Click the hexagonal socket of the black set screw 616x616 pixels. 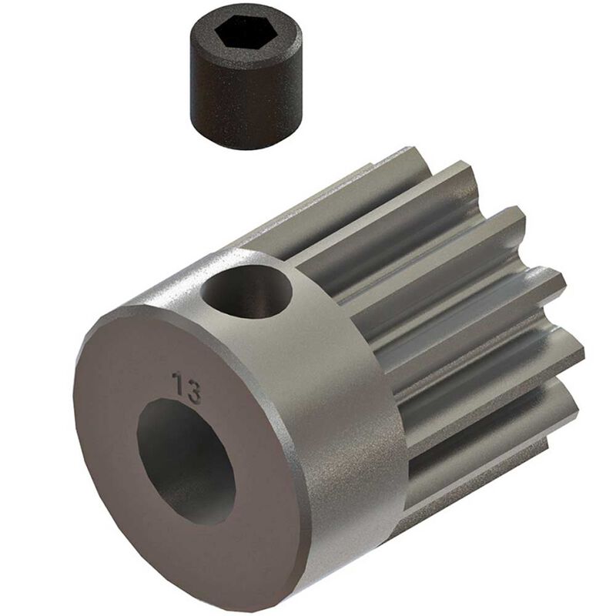click(241, 34)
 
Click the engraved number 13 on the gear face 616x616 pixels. click(187, 387)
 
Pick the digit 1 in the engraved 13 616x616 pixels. click(178, 383)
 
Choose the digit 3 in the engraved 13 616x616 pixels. click(193, 392)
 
